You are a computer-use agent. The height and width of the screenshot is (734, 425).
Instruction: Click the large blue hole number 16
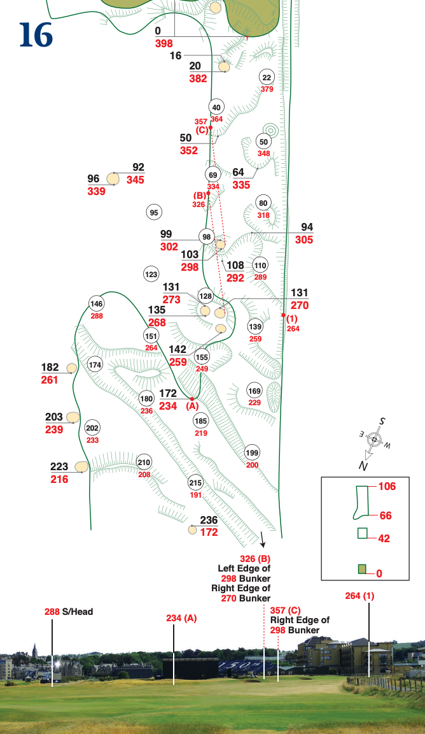pos(36,36)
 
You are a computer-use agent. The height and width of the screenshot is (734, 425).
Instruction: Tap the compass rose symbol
pos(375,440)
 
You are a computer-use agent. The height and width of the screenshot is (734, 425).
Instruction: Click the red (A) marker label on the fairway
pos(192,406)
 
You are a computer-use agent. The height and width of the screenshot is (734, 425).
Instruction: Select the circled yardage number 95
pos(153,213)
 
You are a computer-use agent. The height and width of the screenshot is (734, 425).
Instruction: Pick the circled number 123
pos(151,275)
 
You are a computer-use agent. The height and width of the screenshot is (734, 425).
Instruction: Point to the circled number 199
pos(252,452)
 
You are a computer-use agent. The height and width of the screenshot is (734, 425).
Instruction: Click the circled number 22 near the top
pos(267,78)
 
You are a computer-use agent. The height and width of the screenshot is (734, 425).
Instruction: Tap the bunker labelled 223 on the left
pos(81,466)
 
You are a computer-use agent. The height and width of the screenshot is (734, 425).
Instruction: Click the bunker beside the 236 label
pos(192,529)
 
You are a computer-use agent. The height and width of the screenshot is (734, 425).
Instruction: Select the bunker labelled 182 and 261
pos(72,368)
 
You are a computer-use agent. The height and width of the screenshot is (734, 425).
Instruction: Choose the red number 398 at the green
pos(163,43)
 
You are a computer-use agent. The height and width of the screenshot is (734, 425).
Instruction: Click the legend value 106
pos(387,487)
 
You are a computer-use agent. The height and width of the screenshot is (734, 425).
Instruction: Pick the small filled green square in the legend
pos(361,569)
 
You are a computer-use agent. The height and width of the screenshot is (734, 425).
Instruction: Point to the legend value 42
pos(384,538)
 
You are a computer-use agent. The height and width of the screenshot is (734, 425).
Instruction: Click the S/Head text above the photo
pos(77,612)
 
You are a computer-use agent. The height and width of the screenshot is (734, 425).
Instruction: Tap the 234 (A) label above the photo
pos(182,618)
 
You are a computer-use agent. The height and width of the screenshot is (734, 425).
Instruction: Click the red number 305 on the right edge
pos(304,240)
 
